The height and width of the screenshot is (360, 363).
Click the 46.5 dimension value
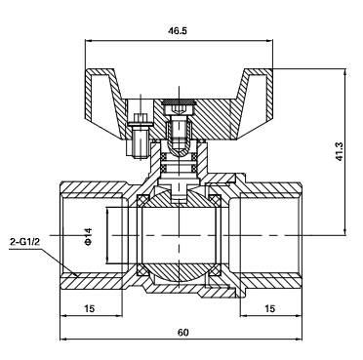178,31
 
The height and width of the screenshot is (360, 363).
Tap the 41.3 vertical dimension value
340,152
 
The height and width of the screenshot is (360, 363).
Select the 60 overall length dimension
183,332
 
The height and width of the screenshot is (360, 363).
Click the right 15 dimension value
270,308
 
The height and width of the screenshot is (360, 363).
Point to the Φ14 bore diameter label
89,236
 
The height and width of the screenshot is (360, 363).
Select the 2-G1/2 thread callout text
24,242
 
